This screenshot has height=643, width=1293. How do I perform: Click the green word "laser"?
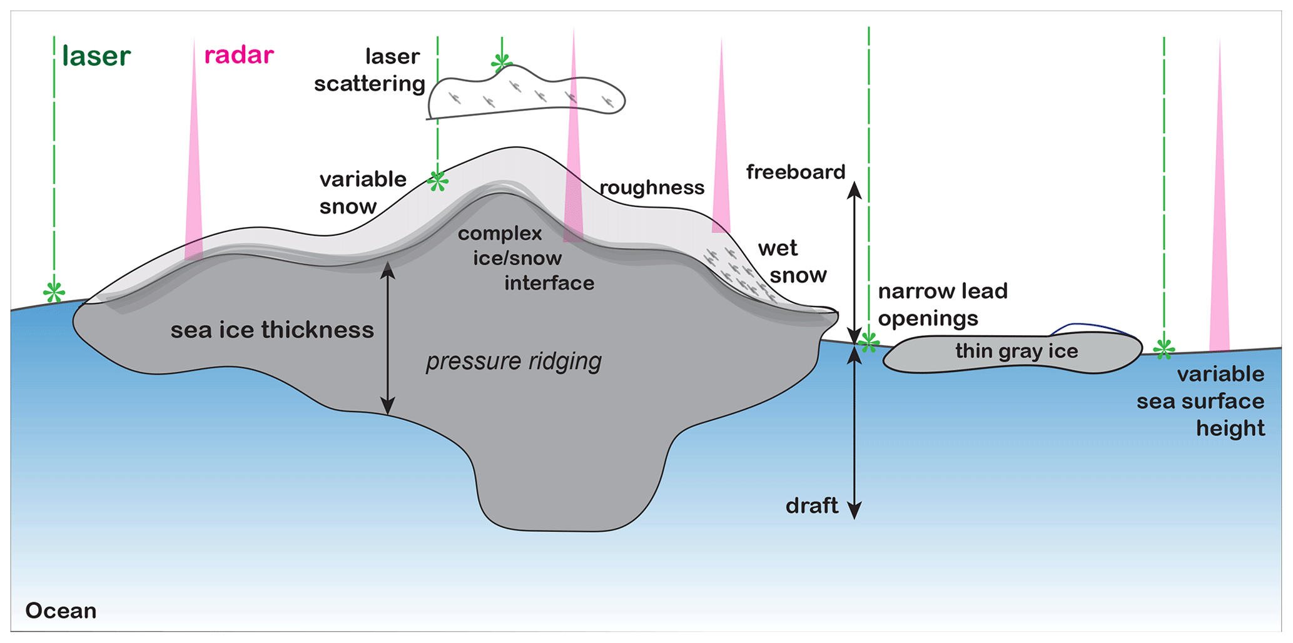pyautogui.click(x=96, y=56)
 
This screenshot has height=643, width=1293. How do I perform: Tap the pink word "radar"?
pyautogui.click(x=239, y=56)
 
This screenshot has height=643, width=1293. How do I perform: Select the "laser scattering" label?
pyautogui.click(x=370, y=70)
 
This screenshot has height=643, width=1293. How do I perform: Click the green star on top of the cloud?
pyautogui.click(x=501, y=62)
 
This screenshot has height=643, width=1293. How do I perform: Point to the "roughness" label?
pyautogui.click(x=652, y=188)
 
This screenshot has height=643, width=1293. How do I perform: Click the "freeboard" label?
pyautogui.click(x=795, y=172)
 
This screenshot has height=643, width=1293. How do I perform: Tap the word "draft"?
pyautogui.click(x=811, y=505)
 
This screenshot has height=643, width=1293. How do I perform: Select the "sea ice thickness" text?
pyautogui.click(x=272, y=330)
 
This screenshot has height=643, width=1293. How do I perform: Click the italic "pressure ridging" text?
pyautogui.click(x=514, y=361)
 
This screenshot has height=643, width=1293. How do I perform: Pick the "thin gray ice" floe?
pyautogui.click(x=1016, y=352)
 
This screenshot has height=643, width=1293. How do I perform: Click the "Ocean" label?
pyautogui.click(x=61, y=610)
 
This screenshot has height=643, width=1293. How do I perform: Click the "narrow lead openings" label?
pyautogui.click(x=943, y=305)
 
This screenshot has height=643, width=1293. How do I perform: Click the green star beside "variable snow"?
pyautogui.click(x=438, y=181)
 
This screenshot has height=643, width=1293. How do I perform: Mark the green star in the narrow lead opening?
pyautogui.click(x=868, y=342)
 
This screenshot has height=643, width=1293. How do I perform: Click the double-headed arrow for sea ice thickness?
pyautogui.click(x=388, y=338)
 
